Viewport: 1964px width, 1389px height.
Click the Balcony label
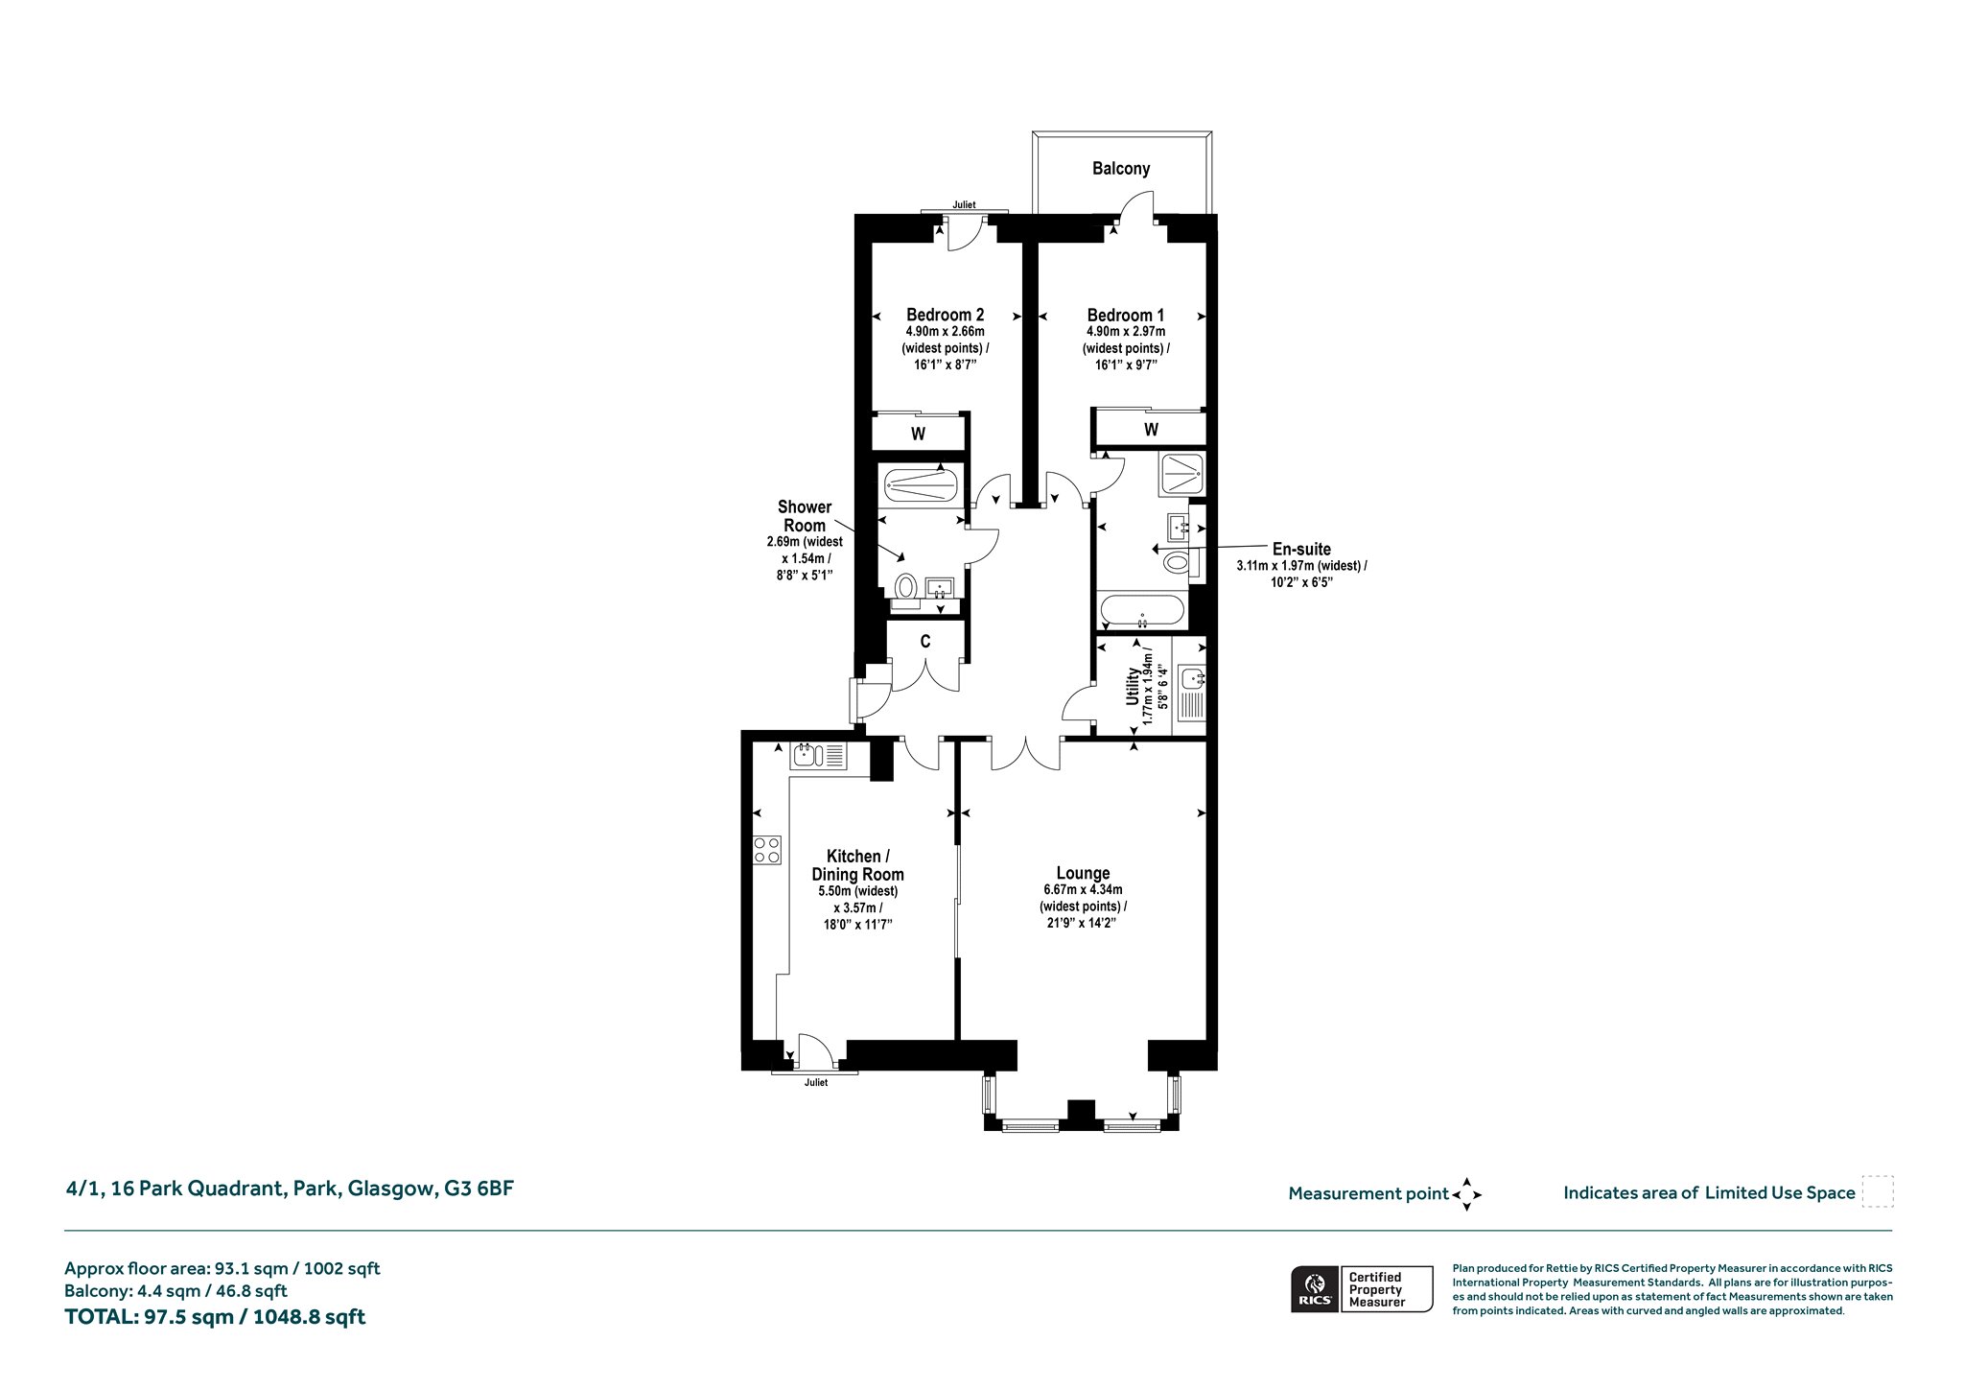(1120, 169)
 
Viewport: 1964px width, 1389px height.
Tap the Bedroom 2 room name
(946, 315)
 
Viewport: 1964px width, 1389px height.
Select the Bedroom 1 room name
(1126, 315)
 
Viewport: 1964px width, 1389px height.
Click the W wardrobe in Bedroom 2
(918, 434)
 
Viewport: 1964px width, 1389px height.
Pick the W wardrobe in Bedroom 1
(1151, 429)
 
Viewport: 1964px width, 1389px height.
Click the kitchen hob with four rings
(767, 850)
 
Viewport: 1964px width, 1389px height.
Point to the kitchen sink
(818, 757)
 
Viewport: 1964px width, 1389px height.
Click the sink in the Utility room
(1194, 679)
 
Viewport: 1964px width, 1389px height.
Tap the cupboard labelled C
(925, 642)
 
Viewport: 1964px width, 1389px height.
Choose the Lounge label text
(1083, 873)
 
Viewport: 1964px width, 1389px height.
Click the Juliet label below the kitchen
(815, 1083)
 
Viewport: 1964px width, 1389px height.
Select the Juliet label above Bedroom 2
(964, 204)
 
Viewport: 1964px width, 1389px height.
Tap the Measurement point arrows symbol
(1466, 1194)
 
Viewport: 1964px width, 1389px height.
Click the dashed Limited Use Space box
(1877, 1191)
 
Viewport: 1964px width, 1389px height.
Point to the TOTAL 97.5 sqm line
(215, 1317)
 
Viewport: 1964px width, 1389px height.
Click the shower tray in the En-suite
(1181, 474)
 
